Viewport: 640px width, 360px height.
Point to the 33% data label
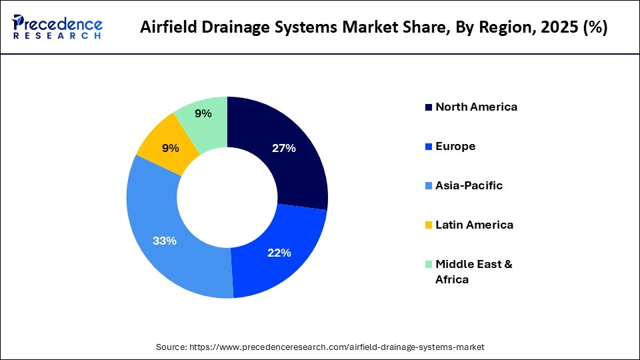[165, 241]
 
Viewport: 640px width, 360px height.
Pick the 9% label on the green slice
[203, 113]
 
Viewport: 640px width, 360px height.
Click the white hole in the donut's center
[227, 197]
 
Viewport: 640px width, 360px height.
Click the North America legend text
[476, 107]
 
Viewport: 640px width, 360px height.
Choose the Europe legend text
[455, 146]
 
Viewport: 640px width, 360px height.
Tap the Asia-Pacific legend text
[469, 185]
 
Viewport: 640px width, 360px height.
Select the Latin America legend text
[474, 225]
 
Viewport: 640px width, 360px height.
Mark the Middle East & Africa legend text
[473, 271]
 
